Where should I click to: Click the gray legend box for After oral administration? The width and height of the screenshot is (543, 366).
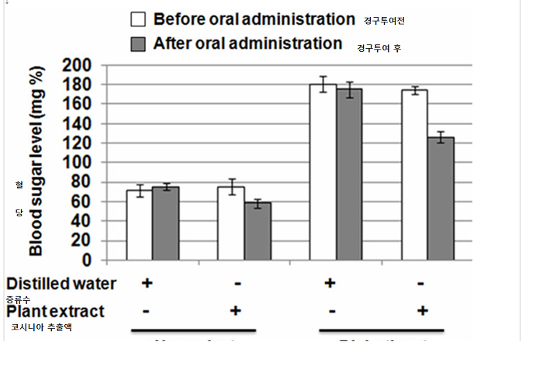pyautogui.click(x=140, y=43)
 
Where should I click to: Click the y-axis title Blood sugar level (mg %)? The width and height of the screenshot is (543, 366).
pyautogui.click(x=36, y=161)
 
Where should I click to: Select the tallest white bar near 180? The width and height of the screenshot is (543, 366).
pyautogui.click(x=323, y=172)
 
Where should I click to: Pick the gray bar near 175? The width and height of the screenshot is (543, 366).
pyautogui.click(x=349, y=174)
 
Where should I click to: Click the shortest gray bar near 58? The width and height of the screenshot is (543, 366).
pyautogui.click(x=257, y=231)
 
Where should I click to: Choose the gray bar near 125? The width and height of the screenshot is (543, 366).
pyautogui.click(x=441, y=199)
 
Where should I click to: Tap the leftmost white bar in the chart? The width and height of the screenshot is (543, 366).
pyautogui.click(x=140, y=225)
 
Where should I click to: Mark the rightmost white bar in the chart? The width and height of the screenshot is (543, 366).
pyautogui.click(x=414, y=174)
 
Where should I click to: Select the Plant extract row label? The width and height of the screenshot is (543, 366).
pyautogui.click(x=55, y=311)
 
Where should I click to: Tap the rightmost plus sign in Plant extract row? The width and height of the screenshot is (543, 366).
pyautogui.click(x=421, y=311)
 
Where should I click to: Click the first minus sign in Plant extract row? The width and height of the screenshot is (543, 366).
pyautogui.click(x=147, y=311)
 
